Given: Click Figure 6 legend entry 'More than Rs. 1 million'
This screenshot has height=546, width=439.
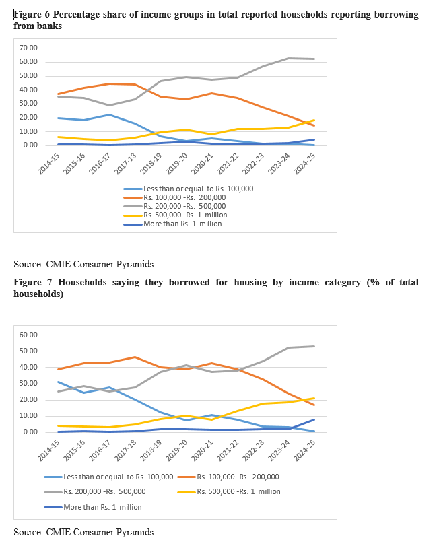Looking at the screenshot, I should (181, 223).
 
